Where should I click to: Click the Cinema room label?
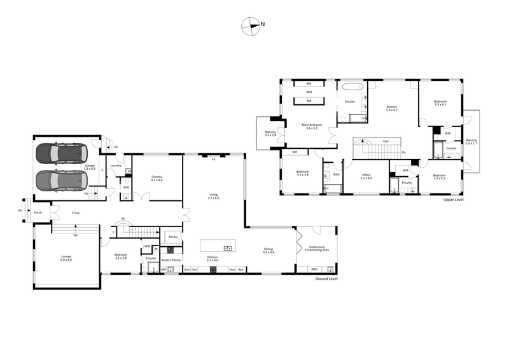pos(157,179)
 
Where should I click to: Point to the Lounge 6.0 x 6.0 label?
pos(66,258)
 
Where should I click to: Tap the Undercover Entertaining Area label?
pos(317,249)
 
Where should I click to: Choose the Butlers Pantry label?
pos(171,260)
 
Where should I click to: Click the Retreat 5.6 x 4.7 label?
pos(391,109)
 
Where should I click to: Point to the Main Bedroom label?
pos(312,126)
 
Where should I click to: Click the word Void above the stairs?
pos(385,141)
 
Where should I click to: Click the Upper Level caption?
pos(454,199)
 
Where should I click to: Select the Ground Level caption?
pos(327,279)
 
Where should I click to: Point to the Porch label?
pos(38,212)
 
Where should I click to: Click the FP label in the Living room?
pos(213,158)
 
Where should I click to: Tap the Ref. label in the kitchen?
pos(241,270)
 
